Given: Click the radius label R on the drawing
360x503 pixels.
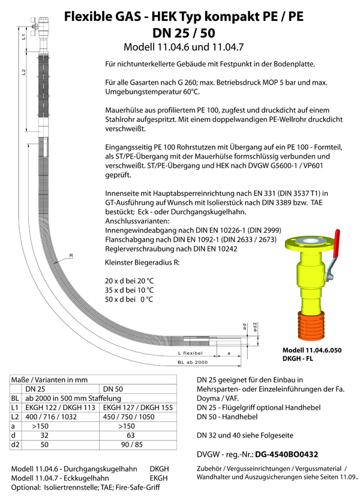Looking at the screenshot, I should (x=71, y=255).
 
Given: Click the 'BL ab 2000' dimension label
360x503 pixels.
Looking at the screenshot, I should (x=194, y=363).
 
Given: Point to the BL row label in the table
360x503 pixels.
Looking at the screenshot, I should (x=15, y=397).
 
